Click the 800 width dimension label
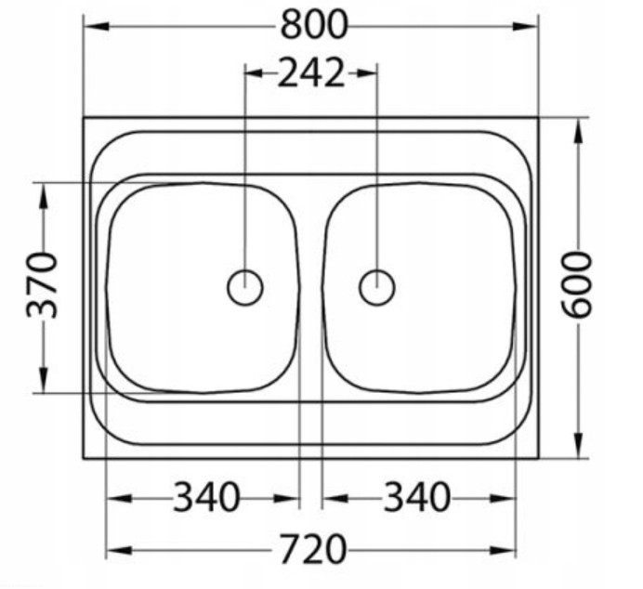tap(313, 25)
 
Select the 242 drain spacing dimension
tap(310, 72)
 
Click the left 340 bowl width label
tap(205, 499)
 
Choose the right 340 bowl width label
tap(416, 499)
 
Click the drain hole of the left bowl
tap(245, 287)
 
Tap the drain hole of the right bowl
tap(376, 287)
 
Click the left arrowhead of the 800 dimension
tap(93, 25)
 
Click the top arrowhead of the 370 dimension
tap(42, 191)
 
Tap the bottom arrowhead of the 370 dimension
tap(42, 383)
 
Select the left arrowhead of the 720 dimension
tap(115, 550)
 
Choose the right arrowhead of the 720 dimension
tap(506, 550)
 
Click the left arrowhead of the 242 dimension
tap(253, 72)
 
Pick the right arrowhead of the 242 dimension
tap(368, 72)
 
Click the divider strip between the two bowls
tap(311, 287)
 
